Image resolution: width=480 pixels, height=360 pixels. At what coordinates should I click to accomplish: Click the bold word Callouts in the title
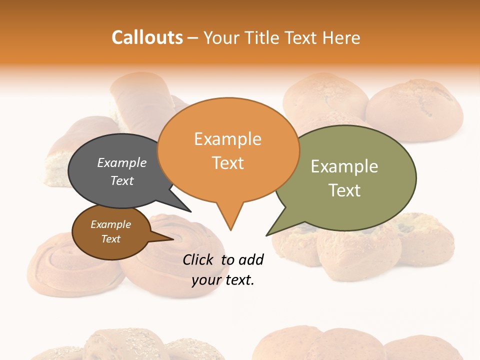click(x=147, y=37)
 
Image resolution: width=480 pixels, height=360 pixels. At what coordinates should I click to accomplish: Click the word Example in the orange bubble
click(x=227, y=139)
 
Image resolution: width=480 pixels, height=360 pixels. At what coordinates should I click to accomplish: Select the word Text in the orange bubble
click(x=227, y=163)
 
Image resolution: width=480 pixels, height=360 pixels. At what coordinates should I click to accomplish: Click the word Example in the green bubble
click(x=344, y=166)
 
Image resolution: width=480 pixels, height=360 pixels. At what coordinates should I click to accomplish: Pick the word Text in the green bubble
click(x=344, y=190)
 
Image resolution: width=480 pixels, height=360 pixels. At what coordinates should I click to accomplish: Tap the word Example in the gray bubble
click(x=121, y=162)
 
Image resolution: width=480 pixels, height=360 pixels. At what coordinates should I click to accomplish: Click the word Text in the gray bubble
click(x=121, y=180)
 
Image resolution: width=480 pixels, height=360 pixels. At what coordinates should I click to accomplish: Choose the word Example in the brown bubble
click(x=110, y=224)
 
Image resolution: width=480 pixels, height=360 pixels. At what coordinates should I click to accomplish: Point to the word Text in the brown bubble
click(x=110, y=239)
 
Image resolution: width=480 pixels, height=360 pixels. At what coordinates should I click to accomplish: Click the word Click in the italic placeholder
click(x=199, y=259)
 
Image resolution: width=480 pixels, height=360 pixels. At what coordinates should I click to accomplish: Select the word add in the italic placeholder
click(x=250, y=259)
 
